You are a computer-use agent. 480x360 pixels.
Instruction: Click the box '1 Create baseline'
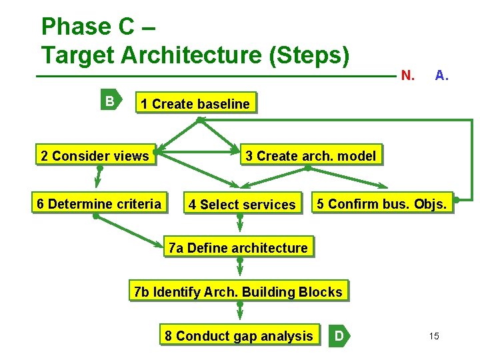[195, 103]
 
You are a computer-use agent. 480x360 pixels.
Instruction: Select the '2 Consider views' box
[95, 156]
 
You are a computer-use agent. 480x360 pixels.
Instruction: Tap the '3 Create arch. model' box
[311, 156]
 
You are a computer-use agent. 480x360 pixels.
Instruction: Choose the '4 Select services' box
[241, 205]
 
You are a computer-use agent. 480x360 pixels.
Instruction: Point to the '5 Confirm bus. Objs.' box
[383, 203]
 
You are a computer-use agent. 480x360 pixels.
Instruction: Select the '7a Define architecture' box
[238, 248]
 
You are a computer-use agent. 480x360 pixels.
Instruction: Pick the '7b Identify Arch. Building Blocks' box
[238, 292]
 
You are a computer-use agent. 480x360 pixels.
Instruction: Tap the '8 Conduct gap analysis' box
[239, 336]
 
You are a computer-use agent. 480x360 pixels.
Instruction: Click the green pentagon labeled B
[110, 101]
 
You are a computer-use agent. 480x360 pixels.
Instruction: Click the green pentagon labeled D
[339, 336]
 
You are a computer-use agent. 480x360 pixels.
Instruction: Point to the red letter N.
[407, 75]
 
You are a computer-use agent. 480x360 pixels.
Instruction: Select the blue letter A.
[441, 75]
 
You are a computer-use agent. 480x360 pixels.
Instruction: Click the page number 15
[434, 336]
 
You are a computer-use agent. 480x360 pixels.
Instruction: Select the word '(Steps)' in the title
[309, 55]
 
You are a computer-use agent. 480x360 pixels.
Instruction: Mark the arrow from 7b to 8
[240, 312]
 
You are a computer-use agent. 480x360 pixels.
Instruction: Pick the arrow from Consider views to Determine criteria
[99, 177]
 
